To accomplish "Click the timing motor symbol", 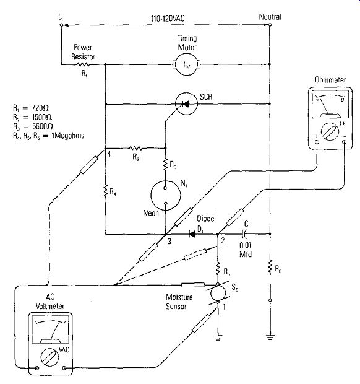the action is tap(187, 64).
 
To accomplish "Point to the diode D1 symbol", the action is tap(192, 234).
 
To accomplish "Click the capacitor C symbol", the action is tap(244, 234).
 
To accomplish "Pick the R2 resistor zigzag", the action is tap(135, 148).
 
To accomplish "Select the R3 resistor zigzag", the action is tap(165, 164).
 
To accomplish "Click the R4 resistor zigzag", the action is tap(105, 191).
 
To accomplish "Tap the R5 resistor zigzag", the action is tap(218, 269).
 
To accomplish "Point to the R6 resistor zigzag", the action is tap(270, 267).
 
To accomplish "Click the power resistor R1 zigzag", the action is tap(83, 64).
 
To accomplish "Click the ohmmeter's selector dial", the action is tap(330, 132).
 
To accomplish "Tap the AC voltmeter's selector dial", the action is tap(49, 357).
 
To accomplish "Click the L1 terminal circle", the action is tap(61, 25).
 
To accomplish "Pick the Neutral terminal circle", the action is tap(270, 25).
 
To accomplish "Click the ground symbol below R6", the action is tap(270, 337).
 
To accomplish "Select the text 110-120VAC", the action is tap(168, 19).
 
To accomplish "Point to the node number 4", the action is tap(109, 154).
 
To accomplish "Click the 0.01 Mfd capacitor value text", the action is tap(246, 250).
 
